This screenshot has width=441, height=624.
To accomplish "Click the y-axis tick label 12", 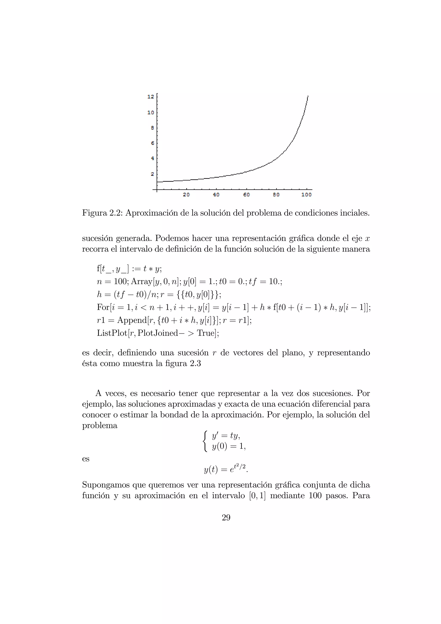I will click(x=151, y=96).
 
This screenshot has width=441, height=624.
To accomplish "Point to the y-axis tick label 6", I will click(x=152, y=143).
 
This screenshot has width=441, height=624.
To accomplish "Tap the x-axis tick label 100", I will click(x=306, y=195).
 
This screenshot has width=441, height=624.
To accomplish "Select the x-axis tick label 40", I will click(x=216, y=195).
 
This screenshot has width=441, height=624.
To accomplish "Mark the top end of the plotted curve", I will click(x=308, y=96).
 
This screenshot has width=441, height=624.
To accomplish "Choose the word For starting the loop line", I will click(x=103, y=307).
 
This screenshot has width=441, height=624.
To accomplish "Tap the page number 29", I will click(x=226, y=518).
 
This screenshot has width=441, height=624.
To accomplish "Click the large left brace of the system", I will click(x=205, y=441).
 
